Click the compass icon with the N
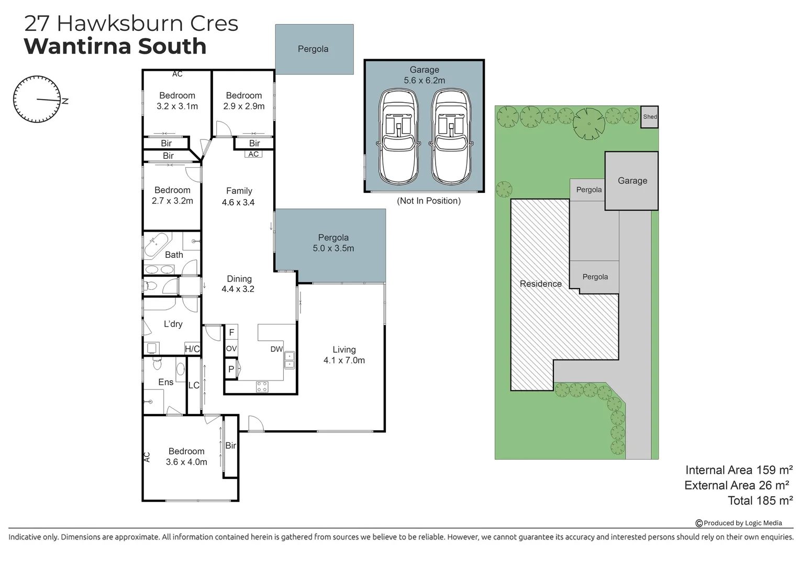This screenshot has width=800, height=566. [37, 99]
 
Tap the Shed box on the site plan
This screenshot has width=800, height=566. [650, 117]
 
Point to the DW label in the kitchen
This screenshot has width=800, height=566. [276, 349]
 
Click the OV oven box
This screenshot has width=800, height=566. [231, 349]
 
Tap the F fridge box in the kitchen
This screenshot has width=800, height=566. [231, 332]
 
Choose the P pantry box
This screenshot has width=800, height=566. [231, 369]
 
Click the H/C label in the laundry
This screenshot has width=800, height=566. [192, 349]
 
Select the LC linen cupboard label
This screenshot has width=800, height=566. [194, 385]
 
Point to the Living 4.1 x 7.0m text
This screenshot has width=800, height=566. [344, 355]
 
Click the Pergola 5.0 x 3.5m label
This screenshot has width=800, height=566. [333, 243]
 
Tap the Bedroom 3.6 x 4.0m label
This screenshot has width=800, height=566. [186, 456]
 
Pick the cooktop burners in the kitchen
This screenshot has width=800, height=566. [262, 387]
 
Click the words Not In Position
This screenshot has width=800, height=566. [429, 201]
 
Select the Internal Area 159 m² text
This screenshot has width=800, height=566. [739, 470]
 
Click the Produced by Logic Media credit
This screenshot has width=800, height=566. [739, 523]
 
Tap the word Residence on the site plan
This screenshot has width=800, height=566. [540, 284]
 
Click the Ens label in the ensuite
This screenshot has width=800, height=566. [165, 382]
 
